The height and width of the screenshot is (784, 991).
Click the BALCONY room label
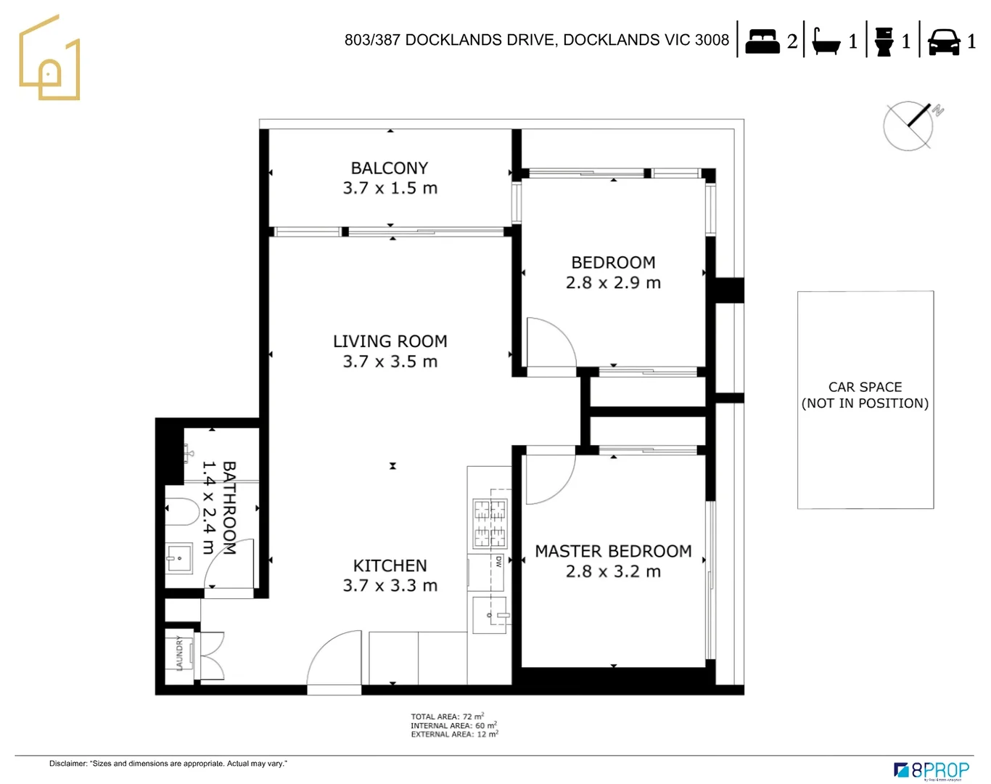[390, 168]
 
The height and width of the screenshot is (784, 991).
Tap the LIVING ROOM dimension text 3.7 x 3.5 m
[390, 362]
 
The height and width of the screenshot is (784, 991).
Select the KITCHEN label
[390, 565]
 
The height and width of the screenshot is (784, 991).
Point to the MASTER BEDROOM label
[613, 551]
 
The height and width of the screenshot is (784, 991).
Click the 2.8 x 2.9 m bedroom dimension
[613, 282]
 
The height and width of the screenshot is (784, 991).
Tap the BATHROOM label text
[229, 508]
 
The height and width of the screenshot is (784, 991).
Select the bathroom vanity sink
[178, 558]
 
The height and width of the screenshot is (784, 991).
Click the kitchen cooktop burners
[490, 523]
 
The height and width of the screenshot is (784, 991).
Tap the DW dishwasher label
[498, 561]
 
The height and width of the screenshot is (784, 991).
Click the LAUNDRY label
[179, 653]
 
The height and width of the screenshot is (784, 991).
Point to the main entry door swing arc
[334, 657]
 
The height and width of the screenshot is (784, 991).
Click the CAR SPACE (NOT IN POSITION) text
[865, 396]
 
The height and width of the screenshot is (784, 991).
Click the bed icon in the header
[762, 41]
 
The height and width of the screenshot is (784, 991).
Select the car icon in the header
[944, 41]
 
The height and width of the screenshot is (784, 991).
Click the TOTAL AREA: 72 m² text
[447, 716]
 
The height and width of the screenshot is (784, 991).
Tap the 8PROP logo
[932, 770]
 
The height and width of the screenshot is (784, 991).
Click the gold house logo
[49, 60]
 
